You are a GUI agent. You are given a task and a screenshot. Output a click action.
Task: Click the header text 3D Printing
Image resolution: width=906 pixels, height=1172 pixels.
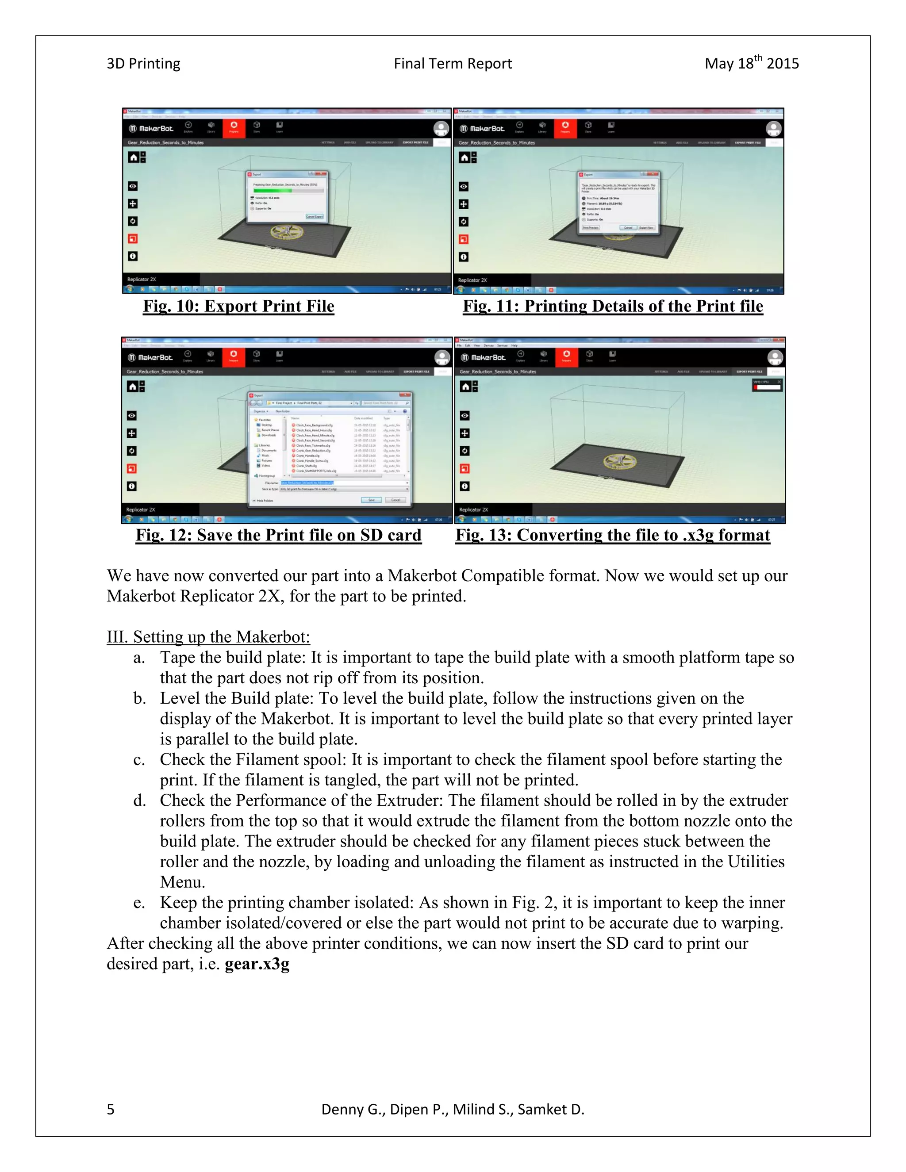[x=143, y=64]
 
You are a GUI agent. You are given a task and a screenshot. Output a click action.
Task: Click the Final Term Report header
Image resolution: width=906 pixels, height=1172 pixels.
[x=453, y=64]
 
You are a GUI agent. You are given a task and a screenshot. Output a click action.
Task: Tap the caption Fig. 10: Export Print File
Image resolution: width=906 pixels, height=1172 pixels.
[x=238, y=306]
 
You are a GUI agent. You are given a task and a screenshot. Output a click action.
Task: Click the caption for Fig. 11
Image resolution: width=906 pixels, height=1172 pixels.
[x=612, y=306]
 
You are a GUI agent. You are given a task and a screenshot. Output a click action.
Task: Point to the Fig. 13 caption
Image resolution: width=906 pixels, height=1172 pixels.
[x=612, y=535]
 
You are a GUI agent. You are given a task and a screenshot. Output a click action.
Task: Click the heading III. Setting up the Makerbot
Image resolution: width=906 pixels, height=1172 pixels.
[x=208, y=637]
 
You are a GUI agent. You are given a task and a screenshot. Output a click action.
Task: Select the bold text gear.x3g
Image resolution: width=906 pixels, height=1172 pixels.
[x=257, y=964]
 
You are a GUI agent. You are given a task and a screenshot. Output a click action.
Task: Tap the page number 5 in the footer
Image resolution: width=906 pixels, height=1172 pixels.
[x=111, y=1109]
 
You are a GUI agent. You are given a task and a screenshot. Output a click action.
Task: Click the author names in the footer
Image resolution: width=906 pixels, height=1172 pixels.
[x=453, y=1109]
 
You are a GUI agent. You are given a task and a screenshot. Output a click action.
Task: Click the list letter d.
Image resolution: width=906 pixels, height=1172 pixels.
[x=139, y=800]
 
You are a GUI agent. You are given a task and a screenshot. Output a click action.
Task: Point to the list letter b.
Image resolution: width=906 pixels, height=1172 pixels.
[x=139, y=699]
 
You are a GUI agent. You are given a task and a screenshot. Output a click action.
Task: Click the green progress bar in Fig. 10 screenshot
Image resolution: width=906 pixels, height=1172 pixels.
[x=273, y=190]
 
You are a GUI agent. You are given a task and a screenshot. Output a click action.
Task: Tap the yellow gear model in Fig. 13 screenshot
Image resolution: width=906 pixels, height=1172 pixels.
[x=620, y=461]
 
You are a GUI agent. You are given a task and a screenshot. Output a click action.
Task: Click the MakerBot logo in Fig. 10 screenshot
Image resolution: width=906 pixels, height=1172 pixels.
[x=151, y=129]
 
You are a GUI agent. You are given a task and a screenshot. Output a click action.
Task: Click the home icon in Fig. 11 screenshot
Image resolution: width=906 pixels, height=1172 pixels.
[x=464, y=158]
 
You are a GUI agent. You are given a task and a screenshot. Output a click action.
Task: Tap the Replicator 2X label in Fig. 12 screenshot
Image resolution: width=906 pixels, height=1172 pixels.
[x=141, y=510]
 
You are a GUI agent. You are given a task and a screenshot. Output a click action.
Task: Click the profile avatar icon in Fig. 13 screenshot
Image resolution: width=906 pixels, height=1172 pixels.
[x=775, y=357]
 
